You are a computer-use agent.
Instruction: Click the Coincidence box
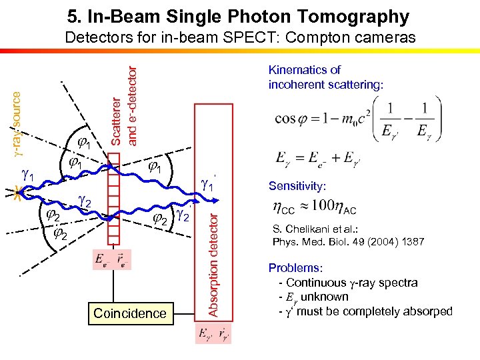point(130,313)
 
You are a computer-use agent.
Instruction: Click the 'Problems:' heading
point(295,267)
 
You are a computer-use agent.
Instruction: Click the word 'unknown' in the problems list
point(325,297)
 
